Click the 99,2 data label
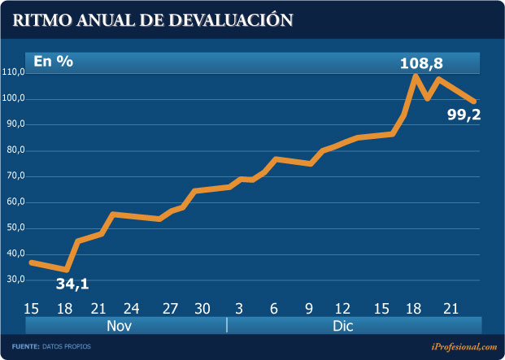(464, 115)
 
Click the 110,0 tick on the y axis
(14, 73)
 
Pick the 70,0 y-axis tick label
(15, 176)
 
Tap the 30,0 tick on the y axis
(15, 280)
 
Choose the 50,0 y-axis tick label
(15, 228)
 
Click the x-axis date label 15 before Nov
(33, 309)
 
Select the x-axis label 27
(170, 309)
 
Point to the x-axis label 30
(203, 309)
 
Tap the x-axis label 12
(342, 309)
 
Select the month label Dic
(343, 326)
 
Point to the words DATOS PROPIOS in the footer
(68, 347)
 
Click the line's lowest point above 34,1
(67, 269)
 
